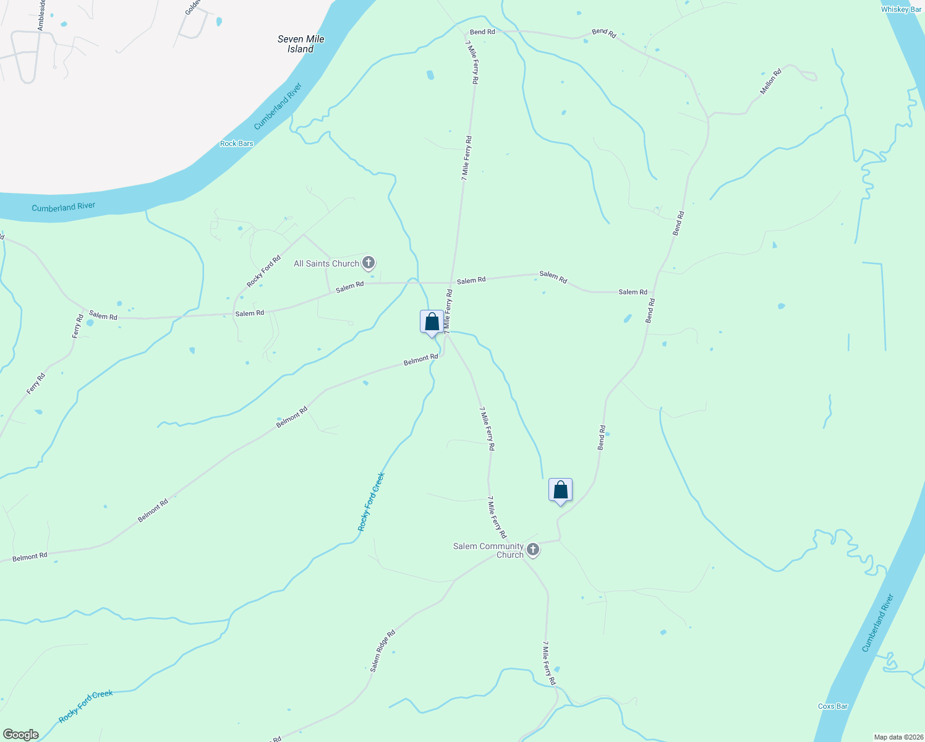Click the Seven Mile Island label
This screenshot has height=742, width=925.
pyautogui.click(x=301, y=44)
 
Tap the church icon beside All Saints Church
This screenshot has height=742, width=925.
pyautogui.click(x=369, y=263)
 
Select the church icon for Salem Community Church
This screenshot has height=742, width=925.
pyautogui.click(x=533, y=550)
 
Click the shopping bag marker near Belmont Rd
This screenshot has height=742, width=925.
pyautogui.click(x=432, y=322)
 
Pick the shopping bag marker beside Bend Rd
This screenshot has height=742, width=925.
pyautogui.click(x=560, y=490)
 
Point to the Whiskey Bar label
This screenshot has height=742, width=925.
pyautogui.click(x=901, y=9)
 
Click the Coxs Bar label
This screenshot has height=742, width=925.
pyautogui.click(x=832, y=706)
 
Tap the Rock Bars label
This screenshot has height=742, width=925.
pyautogui.click(x=237, y=143)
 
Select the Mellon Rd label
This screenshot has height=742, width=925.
pyautogui.click(x=770, y=82)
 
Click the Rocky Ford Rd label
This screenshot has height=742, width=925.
pyautogui.click(x=264, y=271)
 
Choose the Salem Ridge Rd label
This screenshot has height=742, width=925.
pyautogui.click(x=383, y=651)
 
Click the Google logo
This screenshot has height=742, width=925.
pyautogui.click(x=20, y=735)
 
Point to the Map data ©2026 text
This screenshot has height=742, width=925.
pyautogui.click(x=897, y=737)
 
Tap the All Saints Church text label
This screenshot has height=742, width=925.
pyautogui.click(x=326, y=263)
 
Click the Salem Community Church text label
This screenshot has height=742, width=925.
pyautogui.click(x=488, y=550)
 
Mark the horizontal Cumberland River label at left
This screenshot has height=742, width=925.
pyautogui.click(x=64, y=207)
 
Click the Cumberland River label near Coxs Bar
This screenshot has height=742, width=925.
pyautogui.click(x=878, y=623)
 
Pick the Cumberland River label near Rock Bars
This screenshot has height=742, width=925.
pyautogui.click(x=278, y=106)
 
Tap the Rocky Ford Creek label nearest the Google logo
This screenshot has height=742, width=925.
pyautogui.click(x=86, y=707)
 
